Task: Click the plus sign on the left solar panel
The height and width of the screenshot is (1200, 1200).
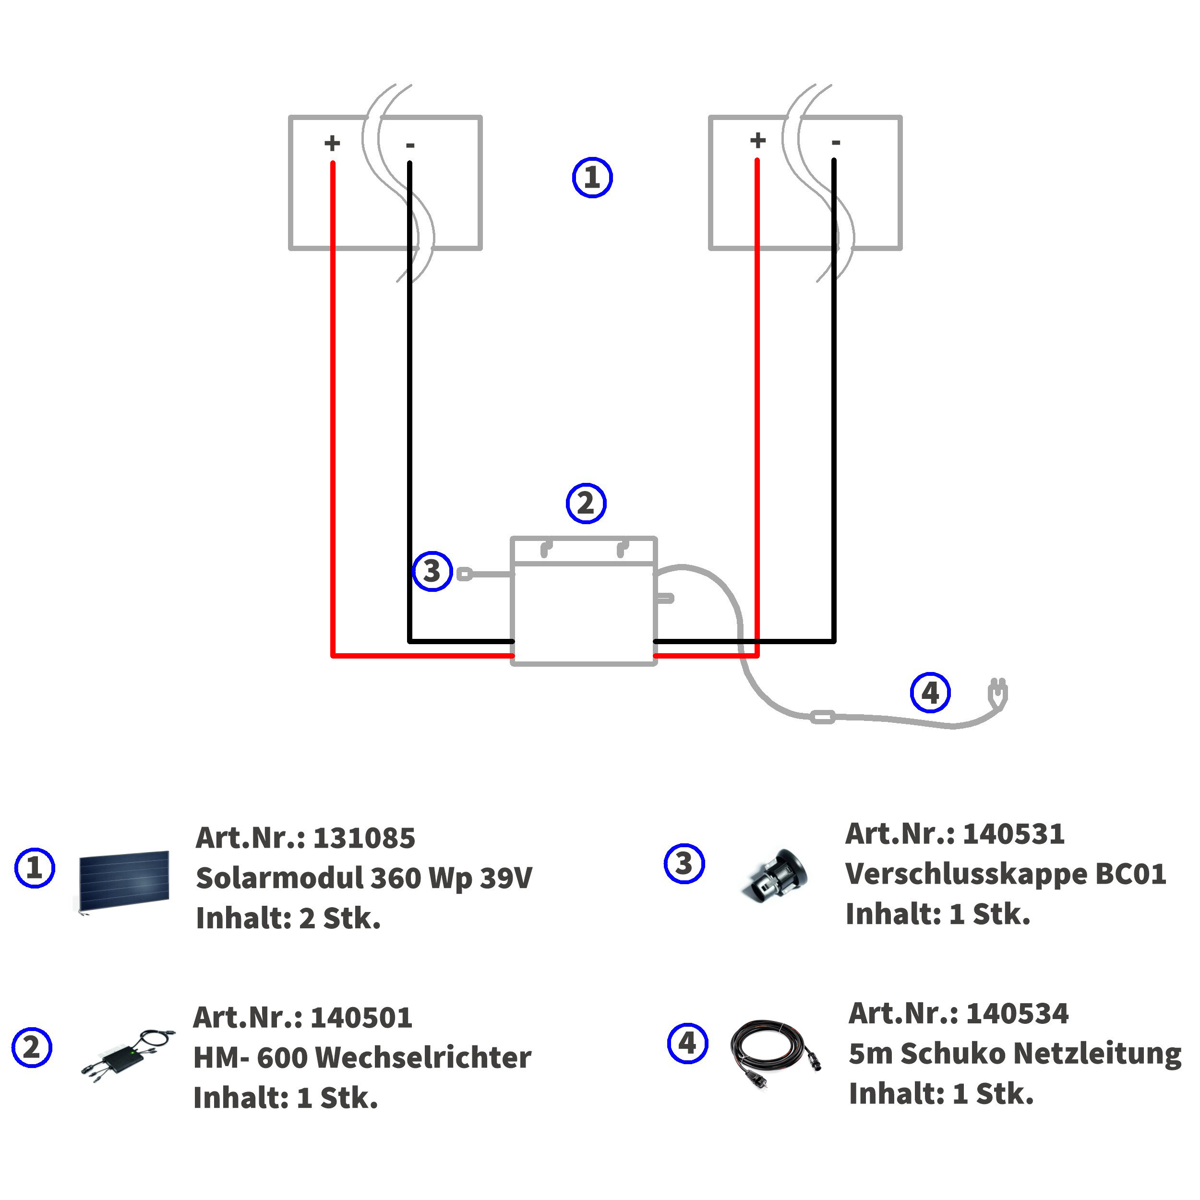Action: point(332,144)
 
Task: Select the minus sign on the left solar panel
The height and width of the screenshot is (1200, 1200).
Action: point(410,146)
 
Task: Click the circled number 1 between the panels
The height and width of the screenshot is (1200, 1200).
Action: point(592,178)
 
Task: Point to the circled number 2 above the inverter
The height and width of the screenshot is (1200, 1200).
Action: point(586,503)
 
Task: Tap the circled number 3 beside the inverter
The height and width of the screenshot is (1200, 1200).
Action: point(432,571)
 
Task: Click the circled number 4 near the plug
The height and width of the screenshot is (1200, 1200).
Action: point(930,693)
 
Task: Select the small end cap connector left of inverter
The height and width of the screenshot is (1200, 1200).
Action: point(465,574)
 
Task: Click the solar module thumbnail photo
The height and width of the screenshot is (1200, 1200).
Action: point(124,881)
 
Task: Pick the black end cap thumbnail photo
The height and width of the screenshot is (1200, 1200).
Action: point(776,876)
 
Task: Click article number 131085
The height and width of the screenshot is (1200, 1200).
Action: point(364,839)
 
